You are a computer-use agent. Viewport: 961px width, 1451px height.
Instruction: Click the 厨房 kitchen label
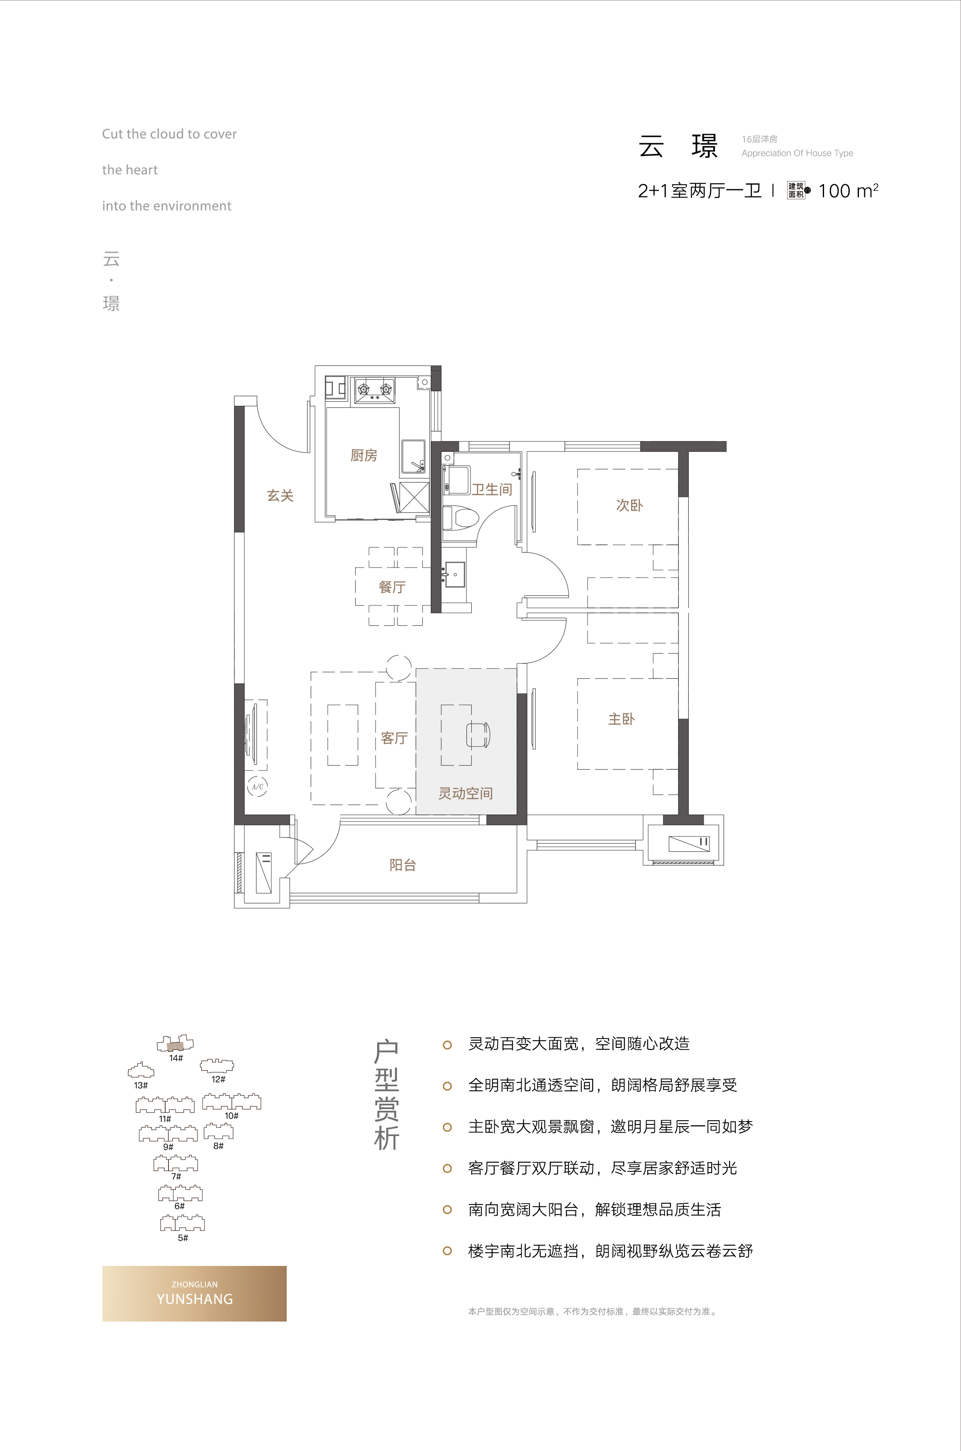coord(363,455)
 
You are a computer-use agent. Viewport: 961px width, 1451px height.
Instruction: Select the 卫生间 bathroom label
coord(492,489)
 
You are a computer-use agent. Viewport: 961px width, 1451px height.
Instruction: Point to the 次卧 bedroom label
coord(629,505)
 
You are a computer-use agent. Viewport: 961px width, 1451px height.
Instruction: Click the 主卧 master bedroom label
coord(622,719)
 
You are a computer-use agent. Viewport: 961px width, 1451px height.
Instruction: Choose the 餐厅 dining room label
coord(392,587)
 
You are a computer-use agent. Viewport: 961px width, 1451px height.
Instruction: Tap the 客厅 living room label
coord(394,738)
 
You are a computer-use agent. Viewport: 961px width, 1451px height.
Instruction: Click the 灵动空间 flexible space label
coord(465,793)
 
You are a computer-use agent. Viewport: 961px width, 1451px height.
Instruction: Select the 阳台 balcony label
coord(402,865)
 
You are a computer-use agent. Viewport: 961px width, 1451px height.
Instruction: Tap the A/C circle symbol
coord(257,787)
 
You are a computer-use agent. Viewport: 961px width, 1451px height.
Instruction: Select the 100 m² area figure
coord(848,190)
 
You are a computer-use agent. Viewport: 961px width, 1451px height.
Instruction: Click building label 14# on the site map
coord(176,1058)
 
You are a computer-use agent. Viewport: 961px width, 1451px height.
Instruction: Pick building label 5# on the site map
coord(183,1237)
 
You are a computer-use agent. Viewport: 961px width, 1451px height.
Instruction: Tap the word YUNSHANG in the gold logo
coord(195,1298)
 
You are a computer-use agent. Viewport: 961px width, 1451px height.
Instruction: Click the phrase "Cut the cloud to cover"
coord(169,134)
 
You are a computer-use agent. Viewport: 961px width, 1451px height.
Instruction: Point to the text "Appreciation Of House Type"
coord(798,153)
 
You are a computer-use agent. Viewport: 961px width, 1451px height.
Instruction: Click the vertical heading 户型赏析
coord(387,1095)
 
